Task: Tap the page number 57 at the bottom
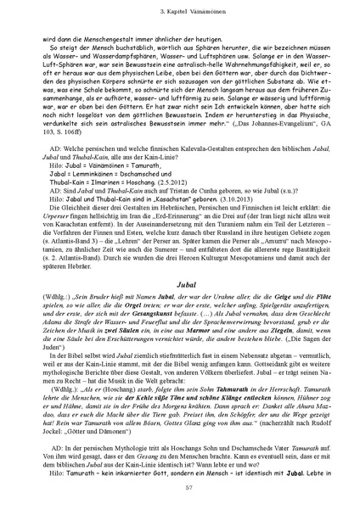(x=180, y=489)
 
